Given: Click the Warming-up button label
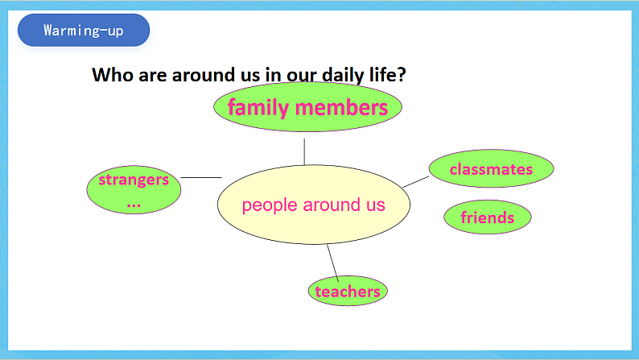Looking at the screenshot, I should pos(84,31).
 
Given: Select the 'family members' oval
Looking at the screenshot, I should pos(307,107).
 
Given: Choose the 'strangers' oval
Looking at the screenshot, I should pos(134,190).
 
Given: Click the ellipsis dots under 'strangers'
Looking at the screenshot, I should pos(134,204).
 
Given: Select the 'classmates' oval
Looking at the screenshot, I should pos(491,169).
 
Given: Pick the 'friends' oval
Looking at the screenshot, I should pos(487,217).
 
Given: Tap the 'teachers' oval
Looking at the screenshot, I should pos(348,292).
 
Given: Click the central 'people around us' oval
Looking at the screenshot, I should pos(314,205).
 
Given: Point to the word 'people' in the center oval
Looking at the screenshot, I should pos(270,205).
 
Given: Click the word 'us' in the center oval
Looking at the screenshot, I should pos(375,205).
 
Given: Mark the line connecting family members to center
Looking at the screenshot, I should pos(304,151).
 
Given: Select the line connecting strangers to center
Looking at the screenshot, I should pos(201,177).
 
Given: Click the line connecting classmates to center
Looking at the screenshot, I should pos(415,182).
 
